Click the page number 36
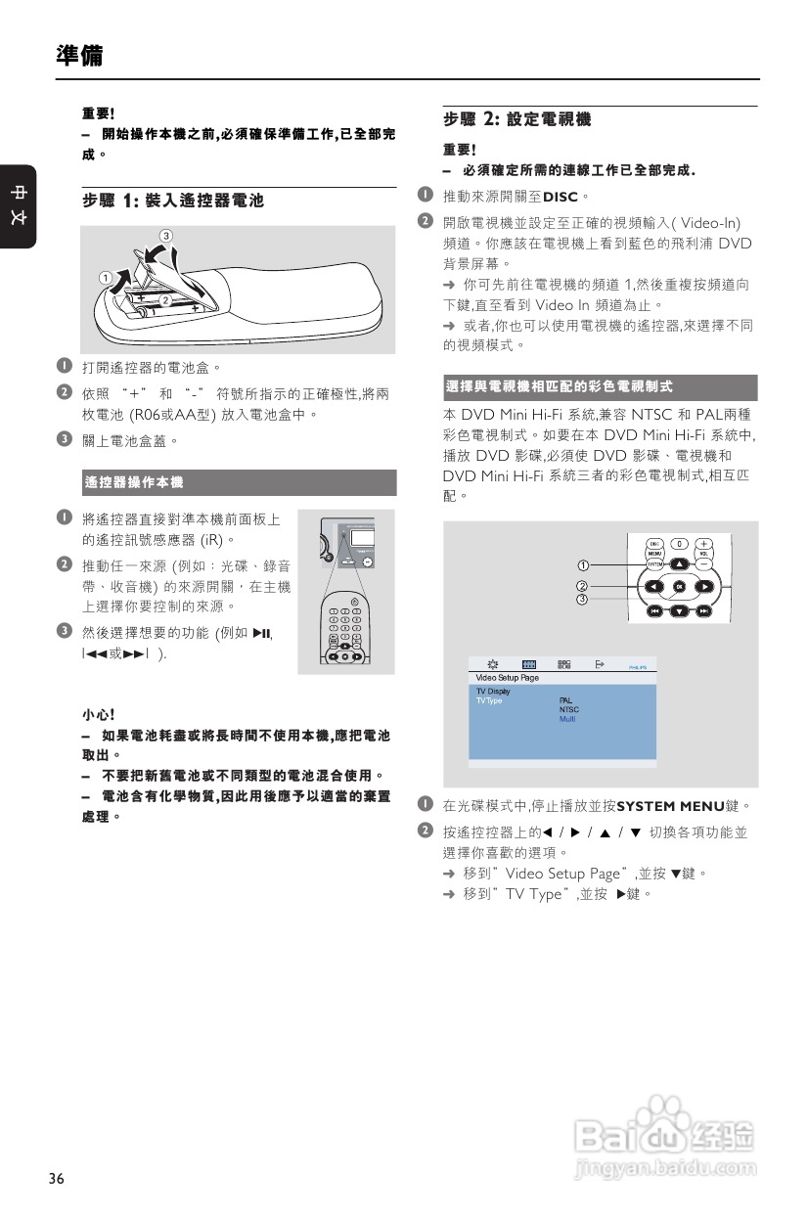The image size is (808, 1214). pos(57,1179)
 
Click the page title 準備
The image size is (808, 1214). pos(79,56)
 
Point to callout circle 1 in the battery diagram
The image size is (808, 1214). pos(103,278)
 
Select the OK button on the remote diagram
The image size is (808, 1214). pos(680,587)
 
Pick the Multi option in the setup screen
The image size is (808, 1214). pos(567,719)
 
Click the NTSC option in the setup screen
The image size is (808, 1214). pos(568,710)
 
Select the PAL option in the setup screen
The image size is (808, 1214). pos(565,700)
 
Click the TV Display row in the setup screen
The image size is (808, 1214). pos(493,692)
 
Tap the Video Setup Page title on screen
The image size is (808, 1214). pos(507,677)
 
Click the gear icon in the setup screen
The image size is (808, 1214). pos(493,664)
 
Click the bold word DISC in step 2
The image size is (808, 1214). pos(562,197)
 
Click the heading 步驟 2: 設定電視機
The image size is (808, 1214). pos(516,119)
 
